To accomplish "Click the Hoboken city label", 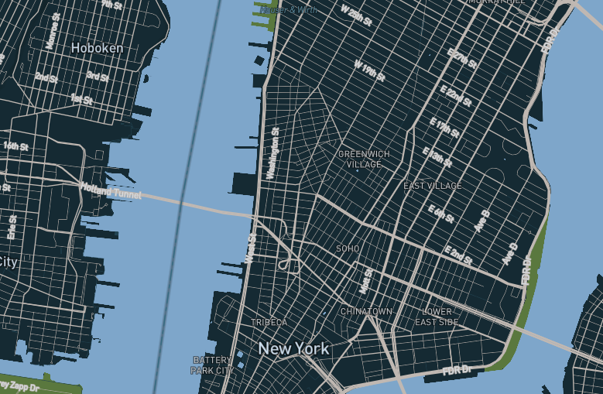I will pyautogui.click(x=97, y=48).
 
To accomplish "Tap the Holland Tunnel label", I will pyautogui.click(x=111, y=190).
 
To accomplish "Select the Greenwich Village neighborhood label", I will pyautogui.click(x=364, y=159).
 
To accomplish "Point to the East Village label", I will pyautogui.click(x=433, y=187).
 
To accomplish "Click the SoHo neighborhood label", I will pyautogui.click(x=348, y=248).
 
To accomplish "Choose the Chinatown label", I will pyautogui.click(x=367, y=311).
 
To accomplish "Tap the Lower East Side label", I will pyautogui.click(x=437, y=317).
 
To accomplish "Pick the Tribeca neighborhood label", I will pyautogui.click(x=269, y=322).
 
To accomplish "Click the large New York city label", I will pyautogui.click(x=293, y=349).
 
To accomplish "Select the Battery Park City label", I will pyautogui.click(x=212, y=365).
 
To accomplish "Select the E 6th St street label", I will pyautogui.click(x=441, y=213).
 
